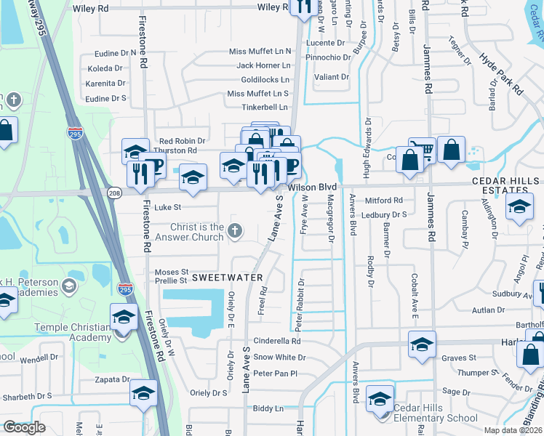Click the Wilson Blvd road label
coord(312,187)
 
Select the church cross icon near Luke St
coord(234,231)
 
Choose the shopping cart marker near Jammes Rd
coord(421,150)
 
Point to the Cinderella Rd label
coord(276,341)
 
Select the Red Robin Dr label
coord(182,141)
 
